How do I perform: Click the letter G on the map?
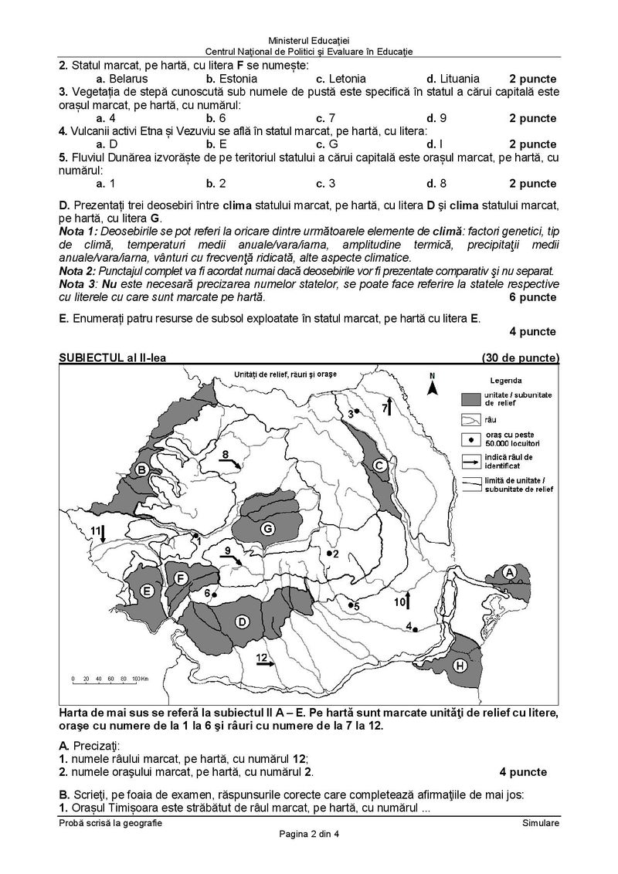[267, 529]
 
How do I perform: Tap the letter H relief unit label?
[460, 665]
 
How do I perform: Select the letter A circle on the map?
[509, 572]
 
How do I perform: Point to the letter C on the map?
[379, 465]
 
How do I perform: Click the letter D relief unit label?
[242, 622]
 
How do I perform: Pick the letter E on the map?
[147, 591]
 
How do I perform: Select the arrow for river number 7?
[390, 407]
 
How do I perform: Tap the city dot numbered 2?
[329, 554]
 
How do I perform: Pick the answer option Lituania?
[453, 79]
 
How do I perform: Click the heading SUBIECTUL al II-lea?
[112, 357]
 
